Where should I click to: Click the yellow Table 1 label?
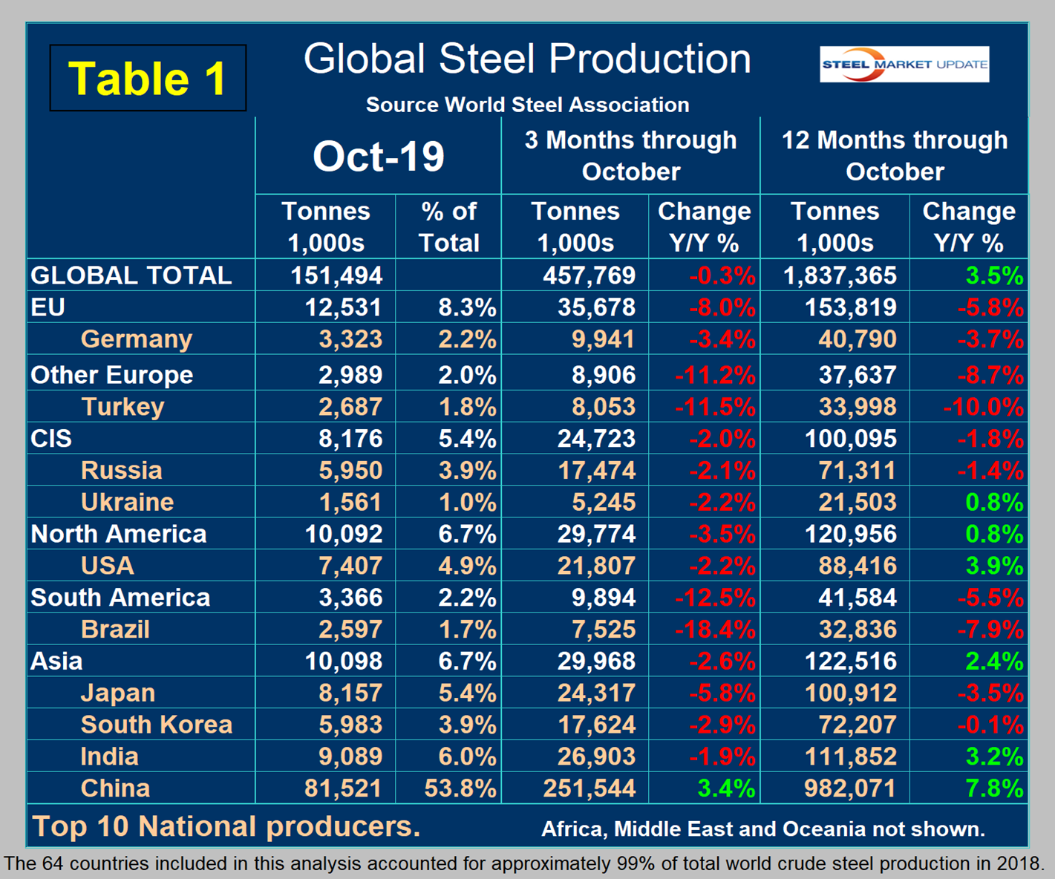(147, 79)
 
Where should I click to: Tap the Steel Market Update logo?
(904, 65)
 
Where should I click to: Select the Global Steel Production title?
(527, 59)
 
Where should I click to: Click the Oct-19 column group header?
(378, 157)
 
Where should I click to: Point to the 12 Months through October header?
(894, 155)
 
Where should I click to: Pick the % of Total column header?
(448, 226)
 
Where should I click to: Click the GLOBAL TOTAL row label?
(131, 275)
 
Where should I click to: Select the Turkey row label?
(123, 407)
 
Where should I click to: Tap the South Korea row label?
(156, 725)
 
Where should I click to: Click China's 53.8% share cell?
(460, 788)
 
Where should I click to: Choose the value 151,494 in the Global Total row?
(336, 275)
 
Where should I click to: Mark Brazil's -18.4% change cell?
(714, 630)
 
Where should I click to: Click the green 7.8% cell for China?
(994, 788)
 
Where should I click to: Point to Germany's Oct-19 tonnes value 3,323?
(350, 339)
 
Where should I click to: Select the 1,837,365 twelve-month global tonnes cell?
(840, 275)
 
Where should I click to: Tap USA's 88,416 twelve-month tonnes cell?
(857, 566)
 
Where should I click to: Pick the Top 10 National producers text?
(226, 826)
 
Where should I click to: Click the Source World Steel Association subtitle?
(527, 105)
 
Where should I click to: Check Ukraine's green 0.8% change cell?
(994, 503)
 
